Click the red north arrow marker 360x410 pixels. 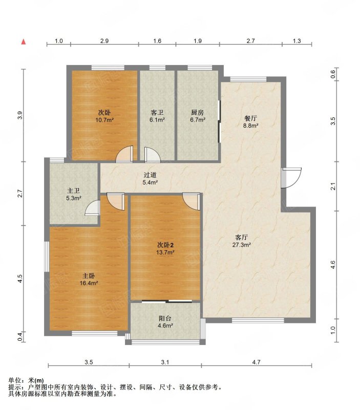point(24,42)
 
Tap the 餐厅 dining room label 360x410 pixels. point(250,118)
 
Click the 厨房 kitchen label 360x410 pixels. point(197,112)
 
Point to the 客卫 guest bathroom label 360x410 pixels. point(157,112)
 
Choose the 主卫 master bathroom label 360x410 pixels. point(73,191)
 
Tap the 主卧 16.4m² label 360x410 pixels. point(89,279)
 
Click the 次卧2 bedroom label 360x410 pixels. point(165,245)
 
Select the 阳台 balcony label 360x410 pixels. point(165,318)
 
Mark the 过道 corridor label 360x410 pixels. point(150,175)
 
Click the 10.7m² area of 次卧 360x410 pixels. point(104,120)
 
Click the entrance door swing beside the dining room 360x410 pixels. point(291,177)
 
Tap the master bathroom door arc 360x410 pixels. point(92,208)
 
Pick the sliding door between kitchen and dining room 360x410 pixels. point(219,121)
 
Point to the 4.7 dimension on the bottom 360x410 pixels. point(257,362)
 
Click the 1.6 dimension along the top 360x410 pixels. point(157,41)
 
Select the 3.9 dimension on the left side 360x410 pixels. point(20,115)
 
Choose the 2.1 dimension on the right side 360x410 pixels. point(332,187)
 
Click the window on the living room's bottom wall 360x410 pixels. point(258,320)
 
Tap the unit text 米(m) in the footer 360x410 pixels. point(36,380)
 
